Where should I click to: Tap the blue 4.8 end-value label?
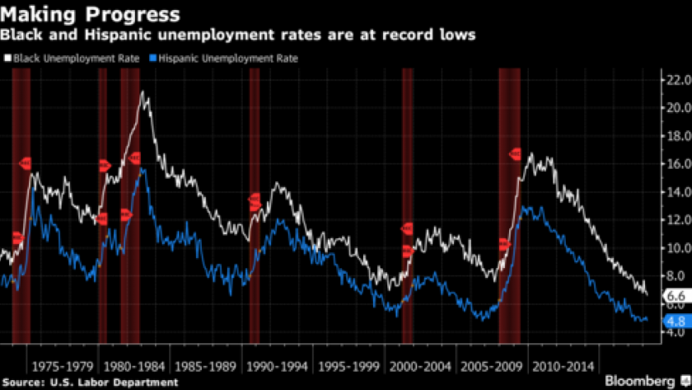pos(676,322)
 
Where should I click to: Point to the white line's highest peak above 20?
pos(145,92)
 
